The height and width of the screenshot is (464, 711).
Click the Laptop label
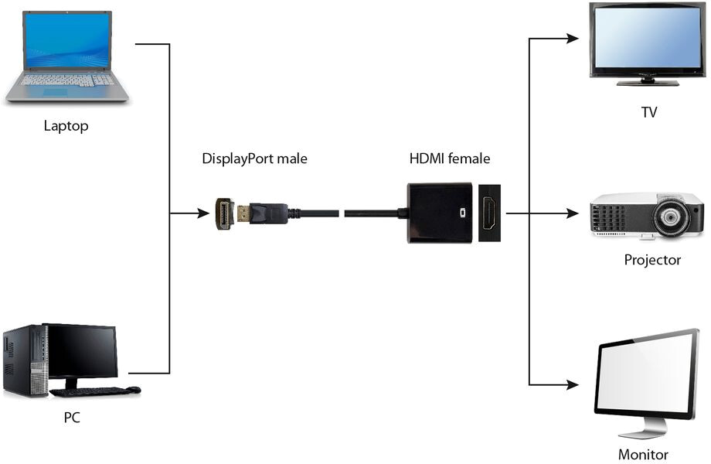click(66, 125)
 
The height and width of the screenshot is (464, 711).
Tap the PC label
click(72, 418)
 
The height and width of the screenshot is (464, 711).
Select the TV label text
click(649, 112)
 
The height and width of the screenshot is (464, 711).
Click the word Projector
click(652, 260)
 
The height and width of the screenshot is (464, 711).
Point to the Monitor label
click(643, 455)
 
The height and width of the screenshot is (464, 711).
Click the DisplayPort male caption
click(254, 159)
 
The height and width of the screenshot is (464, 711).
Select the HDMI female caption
click(450, 159)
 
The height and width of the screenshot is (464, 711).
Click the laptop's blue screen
click(67, 40)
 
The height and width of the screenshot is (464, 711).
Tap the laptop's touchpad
click(56, 92)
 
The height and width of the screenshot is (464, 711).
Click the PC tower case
click(26, 360)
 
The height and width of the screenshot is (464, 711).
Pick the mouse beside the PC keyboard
click(133, 390)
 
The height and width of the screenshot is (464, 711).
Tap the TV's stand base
click(648, 83)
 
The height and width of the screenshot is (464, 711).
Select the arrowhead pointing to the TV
click(572, 39)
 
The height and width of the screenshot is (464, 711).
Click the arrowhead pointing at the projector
click(572, 213)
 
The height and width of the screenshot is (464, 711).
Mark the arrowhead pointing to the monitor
click(572, 384)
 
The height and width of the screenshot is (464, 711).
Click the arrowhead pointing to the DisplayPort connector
click(203, 213)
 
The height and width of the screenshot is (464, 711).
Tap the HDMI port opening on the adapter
click(488, 213)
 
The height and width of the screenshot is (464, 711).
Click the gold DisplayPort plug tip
click(243, 213)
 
